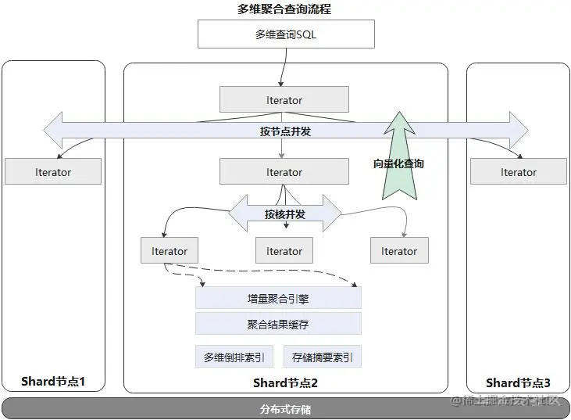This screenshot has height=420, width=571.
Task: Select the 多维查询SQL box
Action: tap(286, 34)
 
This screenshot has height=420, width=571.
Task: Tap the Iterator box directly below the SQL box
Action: tap(284, 99)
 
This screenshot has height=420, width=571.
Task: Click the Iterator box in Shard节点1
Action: tap(53, 172)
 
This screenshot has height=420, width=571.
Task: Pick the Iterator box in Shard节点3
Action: tap(518, 172)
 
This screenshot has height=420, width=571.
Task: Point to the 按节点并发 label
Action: tap(285, 131)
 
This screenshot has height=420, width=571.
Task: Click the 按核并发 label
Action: tap(284, 214)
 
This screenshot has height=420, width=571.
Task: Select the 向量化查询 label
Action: tap(398, 163)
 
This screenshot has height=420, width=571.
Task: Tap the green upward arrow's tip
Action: tap(400, 114)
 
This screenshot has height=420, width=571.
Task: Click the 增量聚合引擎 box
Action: tap(278, 298)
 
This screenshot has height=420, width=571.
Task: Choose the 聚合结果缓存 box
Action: tap(278, 324)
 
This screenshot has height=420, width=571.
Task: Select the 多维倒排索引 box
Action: tap(234, 357)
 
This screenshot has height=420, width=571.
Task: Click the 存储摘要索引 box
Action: tap(322, 357)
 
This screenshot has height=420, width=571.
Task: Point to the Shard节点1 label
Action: tap(53, 382)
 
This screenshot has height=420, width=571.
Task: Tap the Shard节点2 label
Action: tap(285, 382)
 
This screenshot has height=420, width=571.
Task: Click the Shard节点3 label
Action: tap(518, 382)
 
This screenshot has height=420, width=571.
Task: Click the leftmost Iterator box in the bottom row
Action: tap(170, 251)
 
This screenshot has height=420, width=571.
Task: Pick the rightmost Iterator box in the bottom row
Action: tap(399, 251)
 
